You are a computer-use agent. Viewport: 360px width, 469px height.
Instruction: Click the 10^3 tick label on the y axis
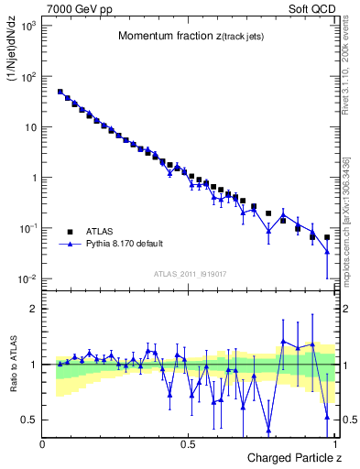point(27,27)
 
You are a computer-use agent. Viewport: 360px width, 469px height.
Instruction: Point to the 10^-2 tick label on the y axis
point(27,278)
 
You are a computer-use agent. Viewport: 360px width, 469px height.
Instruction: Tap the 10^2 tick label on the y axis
point(27,77)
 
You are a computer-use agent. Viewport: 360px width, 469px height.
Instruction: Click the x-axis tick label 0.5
point(188,443)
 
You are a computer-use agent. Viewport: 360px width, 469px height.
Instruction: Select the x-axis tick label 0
point(43,443)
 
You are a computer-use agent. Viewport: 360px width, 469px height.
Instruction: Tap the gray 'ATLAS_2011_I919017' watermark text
point(190,273)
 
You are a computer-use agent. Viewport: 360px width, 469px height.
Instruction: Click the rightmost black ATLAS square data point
point(327,236)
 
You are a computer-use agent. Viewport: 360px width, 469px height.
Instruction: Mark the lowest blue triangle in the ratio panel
point(268,430)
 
